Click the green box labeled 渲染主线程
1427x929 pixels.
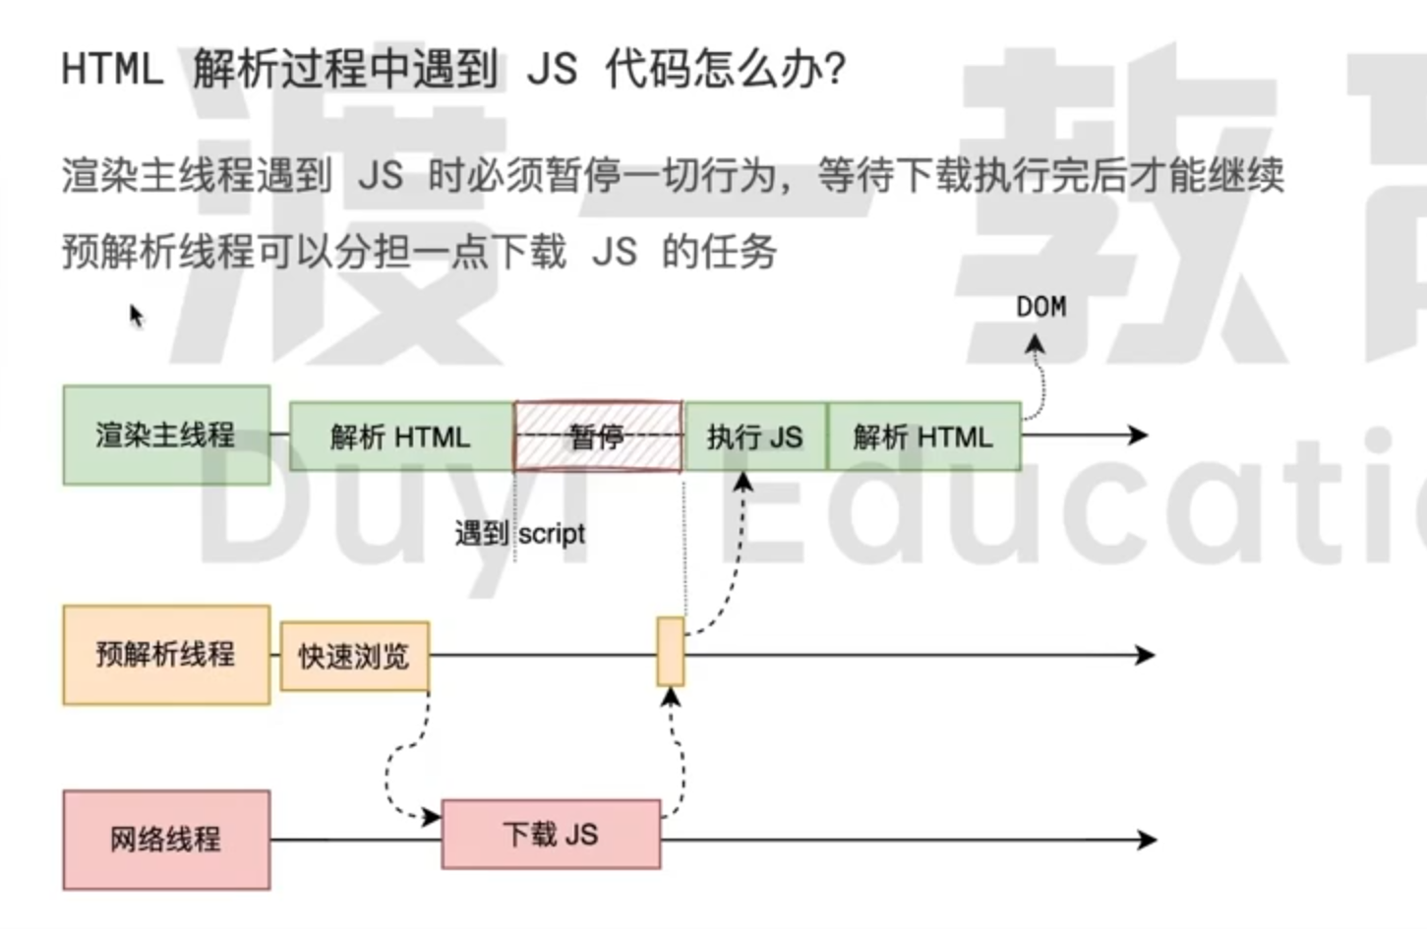tap(166, 435)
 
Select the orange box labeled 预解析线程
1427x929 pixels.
tap(166, 655)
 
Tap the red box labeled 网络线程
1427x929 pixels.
tap(166, 840)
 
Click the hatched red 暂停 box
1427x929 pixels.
tap(598, 436)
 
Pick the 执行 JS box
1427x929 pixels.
tap(755, 436)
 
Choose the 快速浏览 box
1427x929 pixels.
tap(354, 656)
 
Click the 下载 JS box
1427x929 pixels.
tap(551, 835)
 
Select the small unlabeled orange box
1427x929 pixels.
tap(671, 651)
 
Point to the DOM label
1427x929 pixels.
tap(1041, 308)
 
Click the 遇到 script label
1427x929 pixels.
tap(519, 534)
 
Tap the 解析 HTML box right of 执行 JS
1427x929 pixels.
tap(923, 436)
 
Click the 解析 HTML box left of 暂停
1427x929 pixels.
tap(401, 436)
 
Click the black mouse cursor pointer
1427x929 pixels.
tap(136, 316)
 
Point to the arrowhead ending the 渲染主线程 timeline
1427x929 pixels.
tap(1139, 435)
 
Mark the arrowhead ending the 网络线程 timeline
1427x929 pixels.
tap(1147, 840)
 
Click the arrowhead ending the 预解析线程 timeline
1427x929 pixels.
tap(1145, 655)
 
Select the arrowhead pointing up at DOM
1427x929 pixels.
tap(1035, 344)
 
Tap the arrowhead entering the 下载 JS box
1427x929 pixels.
tap(432, 817)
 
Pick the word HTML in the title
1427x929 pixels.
tap(112, 70)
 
